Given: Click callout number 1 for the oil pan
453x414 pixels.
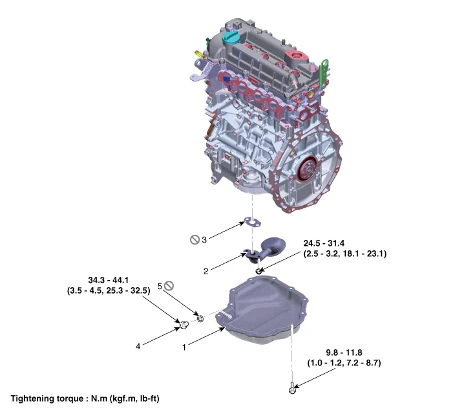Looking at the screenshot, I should point(184,347).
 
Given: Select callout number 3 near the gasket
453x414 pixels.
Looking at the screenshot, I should point(204,239).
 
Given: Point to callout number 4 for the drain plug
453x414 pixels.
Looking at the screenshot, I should point(138,346).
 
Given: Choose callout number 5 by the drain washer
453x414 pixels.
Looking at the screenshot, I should point(160,285).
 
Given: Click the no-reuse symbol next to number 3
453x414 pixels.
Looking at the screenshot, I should point(194,239).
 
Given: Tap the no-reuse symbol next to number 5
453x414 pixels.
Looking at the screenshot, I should point(169,285).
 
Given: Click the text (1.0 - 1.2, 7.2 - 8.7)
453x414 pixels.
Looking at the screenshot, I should point(344,363).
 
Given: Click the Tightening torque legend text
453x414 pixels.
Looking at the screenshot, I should point(85,399).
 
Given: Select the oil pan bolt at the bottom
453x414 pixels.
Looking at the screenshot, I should point(293,388).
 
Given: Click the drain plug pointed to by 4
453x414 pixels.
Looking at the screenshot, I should point(184,323).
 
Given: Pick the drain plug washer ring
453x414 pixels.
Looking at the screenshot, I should point(200,318).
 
